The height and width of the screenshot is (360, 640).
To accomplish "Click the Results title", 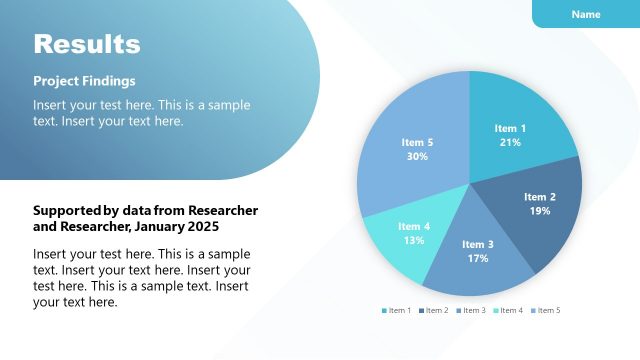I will coord(87,44).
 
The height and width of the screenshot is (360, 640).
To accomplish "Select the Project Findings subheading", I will coord(84,81).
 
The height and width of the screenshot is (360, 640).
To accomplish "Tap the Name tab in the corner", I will coord(586,14).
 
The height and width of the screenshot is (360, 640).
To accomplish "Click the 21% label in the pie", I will coord(510,143).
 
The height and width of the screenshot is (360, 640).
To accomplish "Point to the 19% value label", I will coord(540,211).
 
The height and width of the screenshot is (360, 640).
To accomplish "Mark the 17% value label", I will coord(477,259).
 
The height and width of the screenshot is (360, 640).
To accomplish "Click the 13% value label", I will coord(414,241).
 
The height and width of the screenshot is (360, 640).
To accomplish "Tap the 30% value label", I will coord(417,157).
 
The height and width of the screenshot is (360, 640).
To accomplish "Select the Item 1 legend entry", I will coord(397,310).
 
